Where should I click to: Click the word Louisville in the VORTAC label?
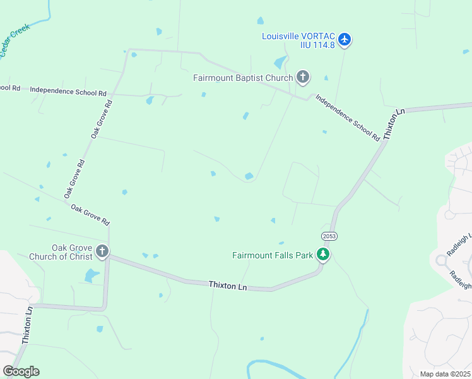(x=281, y=36)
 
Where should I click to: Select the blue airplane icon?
(x=344, y=40)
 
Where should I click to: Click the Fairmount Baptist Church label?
(x=243, y=78)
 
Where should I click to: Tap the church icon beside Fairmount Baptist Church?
(x=303, y=78)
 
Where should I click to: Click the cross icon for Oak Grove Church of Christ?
(x=102, y=253)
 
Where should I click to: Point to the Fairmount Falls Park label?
(x=273, y=255)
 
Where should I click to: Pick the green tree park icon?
(x=324, y=255)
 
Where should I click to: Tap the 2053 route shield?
(x=329, y=236)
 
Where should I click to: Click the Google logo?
(x=21, y=371)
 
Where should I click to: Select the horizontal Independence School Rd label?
(x=68, y=92)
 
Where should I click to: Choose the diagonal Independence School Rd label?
(x=348, y=117)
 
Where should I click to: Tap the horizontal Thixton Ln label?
(x=228, y=286)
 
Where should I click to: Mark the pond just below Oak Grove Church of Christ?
(x=92, y=275)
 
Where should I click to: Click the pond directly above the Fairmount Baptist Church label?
(x=279, y=63)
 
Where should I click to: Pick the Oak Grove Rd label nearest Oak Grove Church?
(x=90, y=215)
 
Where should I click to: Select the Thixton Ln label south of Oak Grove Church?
(x=27, y=326)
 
